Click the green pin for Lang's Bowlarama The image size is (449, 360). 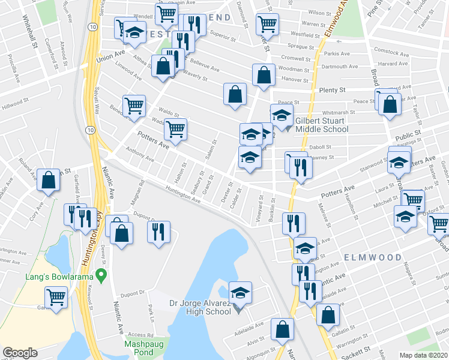101,277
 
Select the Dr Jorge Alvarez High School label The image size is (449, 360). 201,307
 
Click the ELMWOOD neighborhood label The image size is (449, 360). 373,257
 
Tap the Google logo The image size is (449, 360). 20,353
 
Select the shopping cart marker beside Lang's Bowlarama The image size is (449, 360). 56,296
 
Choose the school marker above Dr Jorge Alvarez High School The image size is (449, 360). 240,292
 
